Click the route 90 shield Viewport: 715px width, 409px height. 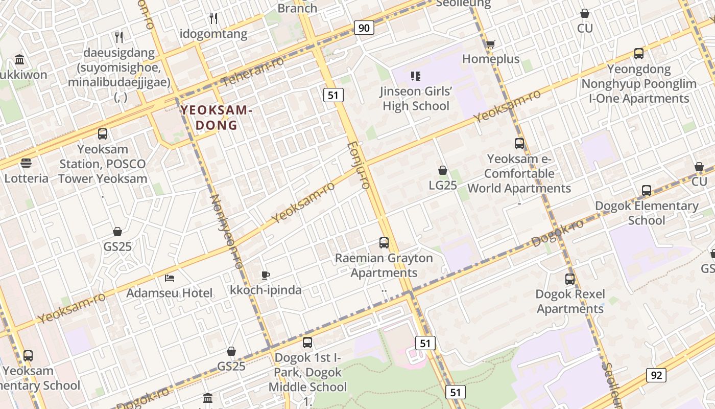coord(364,28)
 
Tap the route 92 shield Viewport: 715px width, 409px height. coord(656,376)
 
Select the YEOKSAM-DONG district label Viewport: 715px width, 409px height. coord(217,118)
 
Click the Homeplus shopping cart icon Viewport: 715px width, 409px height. coord(490,44)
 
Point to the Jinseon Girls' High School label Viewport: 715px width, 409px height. coord(416,99)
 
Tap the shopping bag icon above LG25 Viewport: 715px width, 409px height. coord(443,170)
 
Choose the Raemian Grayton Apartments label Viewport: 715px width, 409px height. coord(384,265)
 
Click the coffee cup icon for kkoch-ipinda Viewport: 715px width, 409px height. coord(266,276)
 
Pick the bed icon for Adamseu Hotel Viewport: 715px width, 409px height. coord(170,279)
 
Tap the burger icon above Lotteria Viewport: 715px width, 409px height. coord(26,163)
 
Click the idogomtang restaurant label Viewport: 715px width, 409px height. coord(213,34)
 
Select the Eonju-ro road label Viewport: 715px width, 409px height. coord(357,166)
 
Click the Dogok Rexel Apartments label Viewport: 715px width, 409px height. coord(570,302)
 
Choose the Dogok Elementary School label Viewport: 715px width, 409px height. coord(647,213)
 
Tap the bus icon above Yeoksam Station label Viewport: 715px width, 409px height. coord(103,134)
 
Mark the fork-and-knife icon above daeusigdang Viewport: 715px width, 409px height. coord(119,37)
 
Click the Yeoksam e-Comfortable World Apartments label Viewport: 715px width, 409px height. coord(519,174)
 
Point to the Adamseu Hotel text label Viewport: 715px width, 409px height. coord(170,293)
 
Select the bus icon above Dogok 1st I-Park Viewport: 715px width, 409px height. coord(307,343)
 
